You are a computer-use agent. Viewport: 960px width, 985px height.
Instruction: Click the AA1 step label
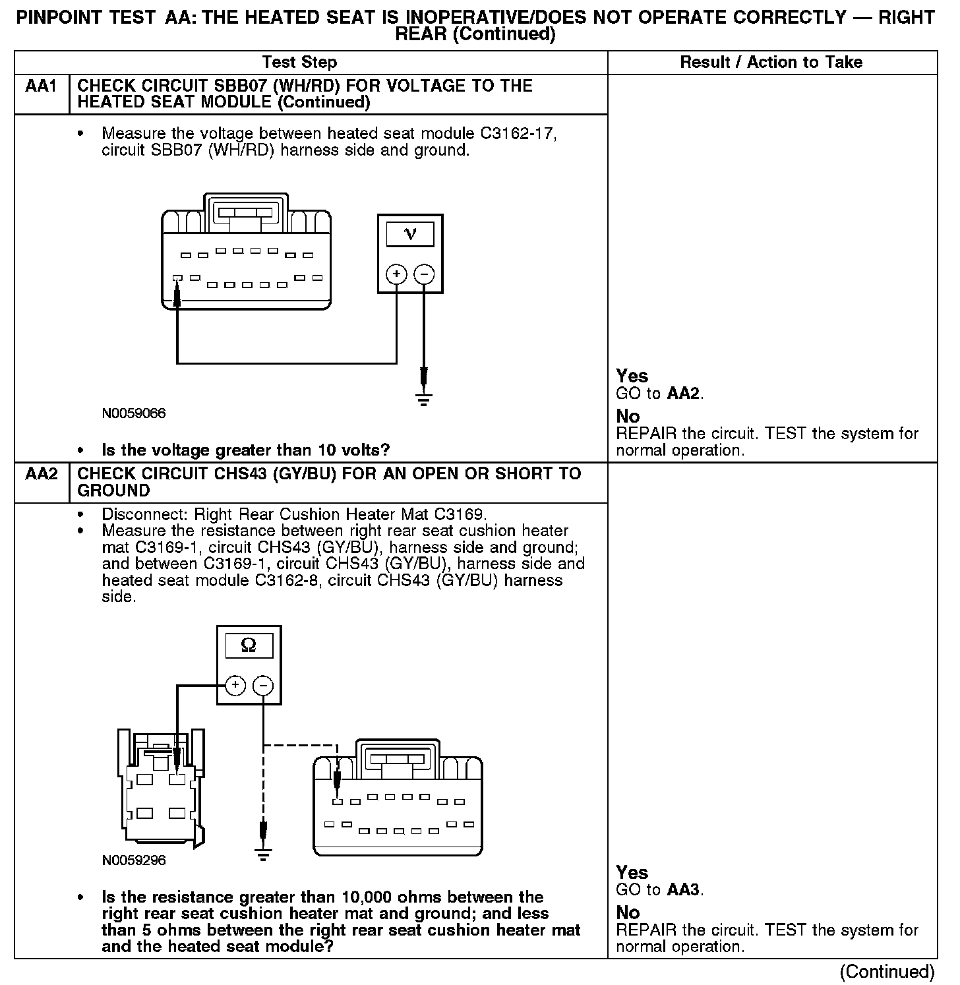pos(40,86)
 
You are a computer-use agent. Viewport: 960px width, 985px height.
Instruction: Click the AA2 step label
pos(40,474)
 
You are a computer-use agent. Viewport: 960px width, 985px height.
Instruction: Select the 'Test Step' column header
pos(299,63)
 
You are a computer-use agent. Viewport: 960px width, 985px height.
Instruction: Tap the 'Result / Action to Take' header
pos(771,63)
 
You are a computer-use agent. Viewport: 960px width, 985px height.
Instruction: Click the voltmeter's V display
pos(410,234)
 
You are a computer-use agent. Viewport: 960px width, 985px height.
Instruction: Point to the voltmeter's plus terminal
pos(396,274)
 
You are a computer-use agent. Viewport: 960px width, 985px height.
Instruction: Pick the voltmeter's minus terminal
pos(424,274)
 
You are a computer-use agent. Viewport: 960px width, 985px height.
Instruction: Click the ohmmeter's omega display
pos(249,645)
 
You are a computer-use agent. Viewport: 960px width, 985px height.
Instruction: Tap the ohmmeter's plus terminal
pos(235,686)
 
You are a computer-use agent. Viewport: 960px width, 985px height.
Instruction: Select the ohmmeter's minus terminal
pos(263,686)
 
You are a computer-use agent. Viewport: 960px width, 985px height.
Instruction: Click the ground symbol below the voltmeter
pos(424,398)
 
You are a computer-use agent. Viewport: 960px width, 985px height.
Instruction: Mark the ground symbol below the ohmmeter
pos(263,854)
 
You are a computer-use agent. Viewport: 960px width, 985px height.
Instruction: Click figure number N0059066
pos(134,414)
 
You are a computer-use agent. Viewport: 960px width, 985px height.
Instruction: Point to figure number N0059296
pos(134,860)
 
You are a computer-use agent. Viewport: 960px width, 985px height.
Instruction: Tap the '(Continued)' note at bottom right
pos(887,972)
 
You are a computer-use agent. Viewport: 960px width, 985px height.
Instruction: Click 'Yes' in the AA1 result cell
pos(632,376)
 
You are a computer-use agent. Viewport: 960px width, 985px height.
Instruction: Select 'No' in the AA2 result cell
pos(628,912)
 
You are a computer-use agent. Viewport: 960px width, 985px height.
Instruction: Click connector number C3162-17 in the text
pos(518,134)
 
